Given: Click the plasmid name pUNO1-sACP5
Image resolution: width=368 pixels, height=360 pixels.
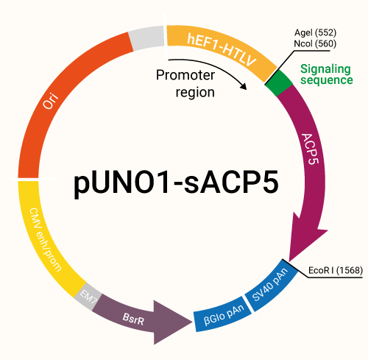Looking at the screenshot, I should [177, 183].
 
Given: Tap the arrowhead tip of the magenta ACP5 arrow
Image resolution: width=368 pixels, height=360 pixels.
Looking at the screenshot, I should [294, 256].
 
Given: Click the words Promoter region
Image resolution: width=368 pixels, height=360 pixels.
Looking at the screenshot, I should [185, 83].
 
